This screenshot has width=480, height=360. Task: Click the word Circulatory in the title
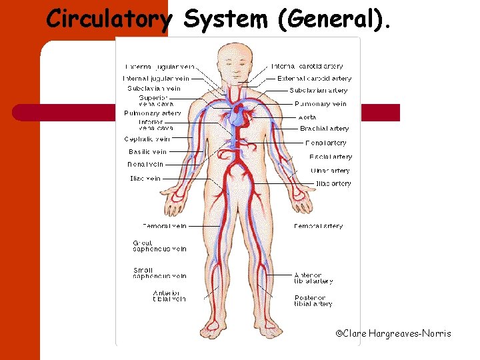108,20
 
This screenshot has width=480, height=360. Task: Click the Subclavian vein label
154,89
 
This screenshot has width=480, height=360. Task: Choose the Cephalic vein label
147,139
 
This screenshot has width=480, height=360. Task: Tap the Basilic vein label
148,152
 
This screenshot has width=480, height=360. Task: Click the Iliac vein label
145,179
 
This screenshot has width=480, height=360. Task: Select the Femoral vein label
165,226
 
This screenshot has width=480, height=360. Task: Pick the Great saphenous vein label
160,246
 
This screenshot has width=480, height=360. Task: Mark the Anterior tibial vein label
169,296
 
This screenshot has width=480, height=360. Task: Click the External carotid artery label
315,79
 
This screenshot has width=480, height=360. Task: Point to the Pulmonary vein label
321,104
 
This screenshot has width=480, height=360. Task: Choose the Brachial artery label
324,129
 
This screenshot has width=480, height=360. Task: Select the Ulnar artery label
330,171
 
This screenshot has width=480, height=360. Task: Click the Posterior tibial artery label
313,301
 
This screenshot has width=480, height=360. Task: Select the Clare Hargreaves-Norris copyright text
393,333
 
